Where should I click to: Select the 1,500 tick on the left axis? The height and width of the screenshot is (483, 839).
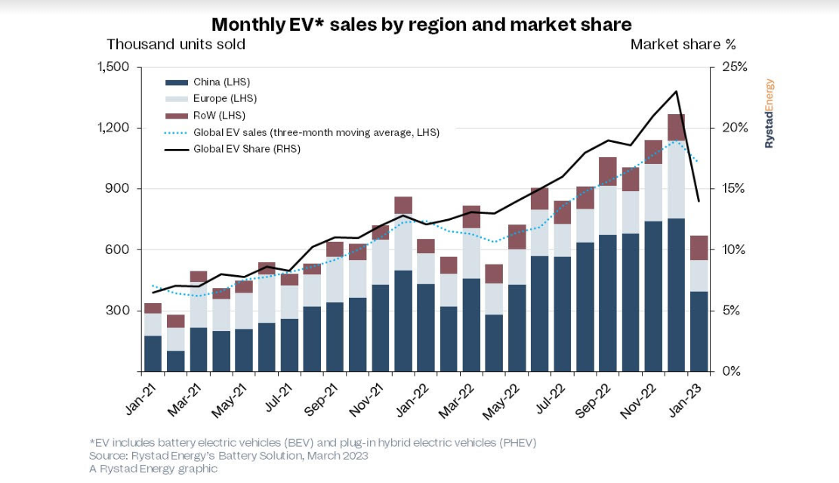click(x=114, y=67)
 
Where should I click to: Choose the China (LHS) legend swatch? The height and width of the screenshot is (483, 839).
click(x=176, y=82)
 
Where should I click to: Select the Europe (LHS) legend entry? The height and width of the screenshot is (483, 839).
click(x=225, y=98)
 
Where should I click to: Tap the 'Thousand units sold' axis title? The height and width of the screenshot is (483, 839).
click(x=176, y=45)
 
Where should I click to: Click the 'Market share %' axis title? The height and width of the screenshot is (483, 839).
click(x=683, y=45)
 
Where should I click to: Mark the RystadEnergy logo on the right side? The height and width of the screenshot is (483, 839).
click(x=770, y=113)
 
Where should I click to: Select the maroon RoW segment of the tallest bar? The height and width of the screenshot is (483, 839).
click(x=676, y=127)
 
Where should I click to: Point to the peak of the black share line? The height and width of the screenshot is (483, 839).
click(x=677, y=91)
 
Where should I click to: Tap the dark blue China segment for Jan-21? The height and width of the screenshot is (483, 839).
click(x=153, y=353)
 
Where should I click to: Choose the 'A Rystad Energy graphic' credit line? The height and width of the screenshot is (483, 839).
click(x=153, y=469)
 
